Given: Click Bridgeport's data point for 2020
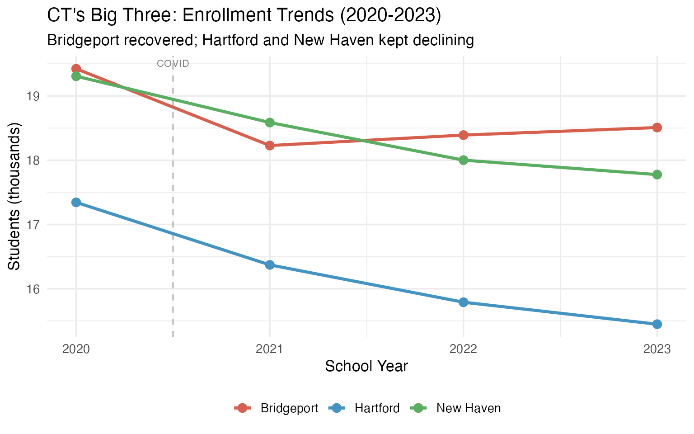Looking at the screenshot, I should [x=76, y=69].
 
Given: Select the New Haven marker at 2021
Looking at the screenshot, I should [x=270, y=123].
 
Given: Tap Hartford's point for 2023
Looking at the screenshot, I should [x=657, y=324].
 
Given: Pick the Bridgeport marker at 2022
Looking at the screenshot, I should [x=464, y=135].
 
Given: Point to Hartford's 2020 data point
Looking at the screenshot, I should [x=76, y=202].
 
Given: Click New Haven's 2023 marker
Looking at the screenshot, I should [x=657, y=175].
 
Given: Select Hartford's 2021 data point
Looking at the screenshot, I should [x=270, y=265].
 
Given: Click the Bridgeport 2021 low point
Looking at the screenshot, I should [x=270, y=146].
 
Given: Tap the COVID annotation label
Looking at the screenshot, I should [x=173, y=64].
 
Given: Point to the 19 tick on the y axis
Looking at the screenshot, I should [x=33, y=96].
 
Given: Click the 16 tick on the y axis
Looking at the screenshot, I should [x=33, y=289].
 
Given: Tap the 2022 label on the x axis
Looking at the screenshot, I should [x=464, y=349].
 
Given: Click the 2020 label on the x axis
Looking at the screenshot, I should [x=76, y=349].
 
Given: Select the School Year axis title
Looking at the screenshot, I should [x=366, y=366].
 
